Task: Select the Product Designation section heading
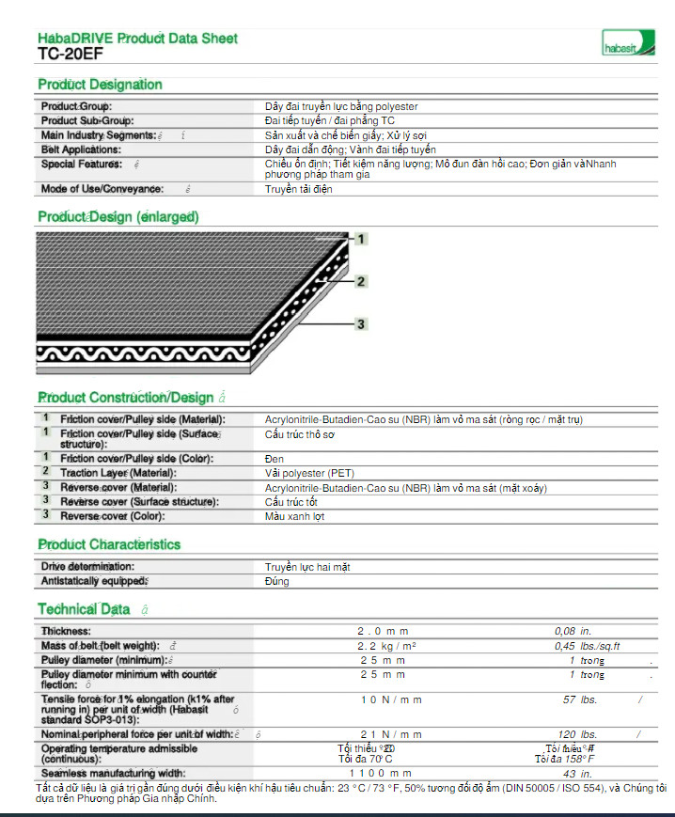100,85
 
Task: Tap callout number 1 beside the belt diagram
359,239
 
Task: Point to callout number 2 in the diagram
361,281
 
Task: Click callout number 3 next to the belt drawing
361,324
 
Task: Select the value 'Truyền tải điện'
298,189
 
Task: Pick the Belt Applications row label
81,149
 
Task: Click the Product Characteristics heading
109,544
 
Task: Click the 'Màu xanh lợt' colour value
294,516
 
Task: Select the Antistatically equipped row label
93,581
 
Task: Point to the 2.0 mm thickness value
381,631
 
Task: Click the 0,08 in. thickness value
573,631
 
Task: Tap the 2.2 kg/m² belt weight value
386,646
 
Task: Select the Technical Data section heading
84,609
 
